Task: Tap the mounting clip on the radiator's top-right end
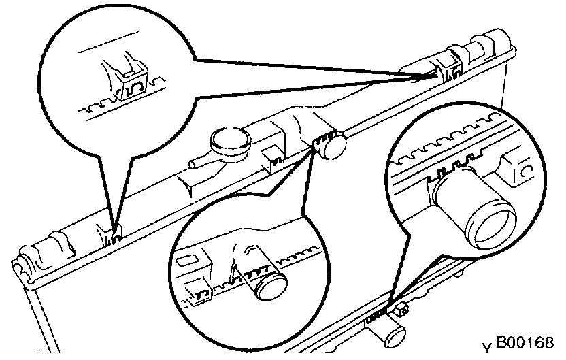tap(447, 65)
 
